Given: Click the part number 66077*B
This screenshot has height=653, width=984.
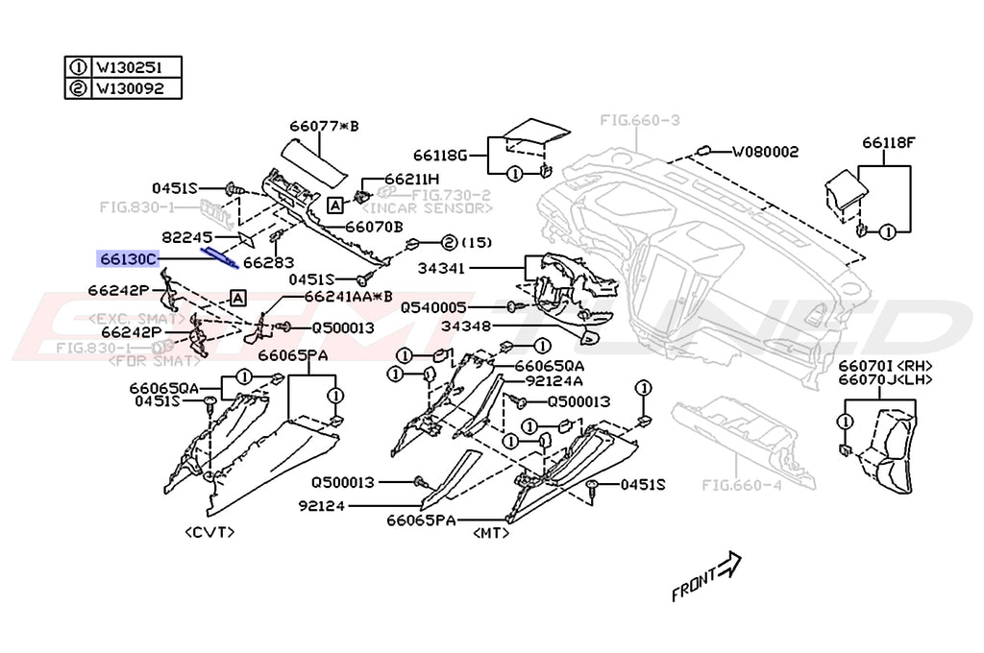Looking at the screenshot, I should pyautogui.click(x=323, y=125).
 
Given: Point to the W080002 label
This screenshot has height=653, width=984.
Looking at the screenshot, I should pyautogui.click(x=765, y=152).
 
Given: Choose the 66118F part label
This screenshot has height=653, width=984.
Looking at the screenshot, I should pyautogui.click(x=889, y=142).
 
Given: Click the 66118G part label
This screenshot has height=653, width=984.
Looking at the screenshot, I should pyautogui.click(x=440, y=155).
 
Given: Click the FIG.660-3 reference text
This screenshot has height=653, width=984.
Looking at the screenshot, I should pyautogui.click(x=639, y=120).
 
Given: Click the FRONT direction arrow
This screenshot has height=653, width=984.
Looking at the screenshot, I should pyautogui.click(x=707, y=576).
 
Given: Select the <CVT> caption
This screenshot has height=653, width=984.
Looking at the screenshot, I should pyautogui.click(x=209, y=531).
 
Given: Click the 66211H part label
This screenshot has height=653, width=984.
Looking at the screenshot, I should pyautogui.click(x=411, y=179).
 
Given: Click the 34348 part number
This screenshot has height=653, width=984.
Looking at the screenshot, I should pyautogui.click(x=466, y=326).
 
